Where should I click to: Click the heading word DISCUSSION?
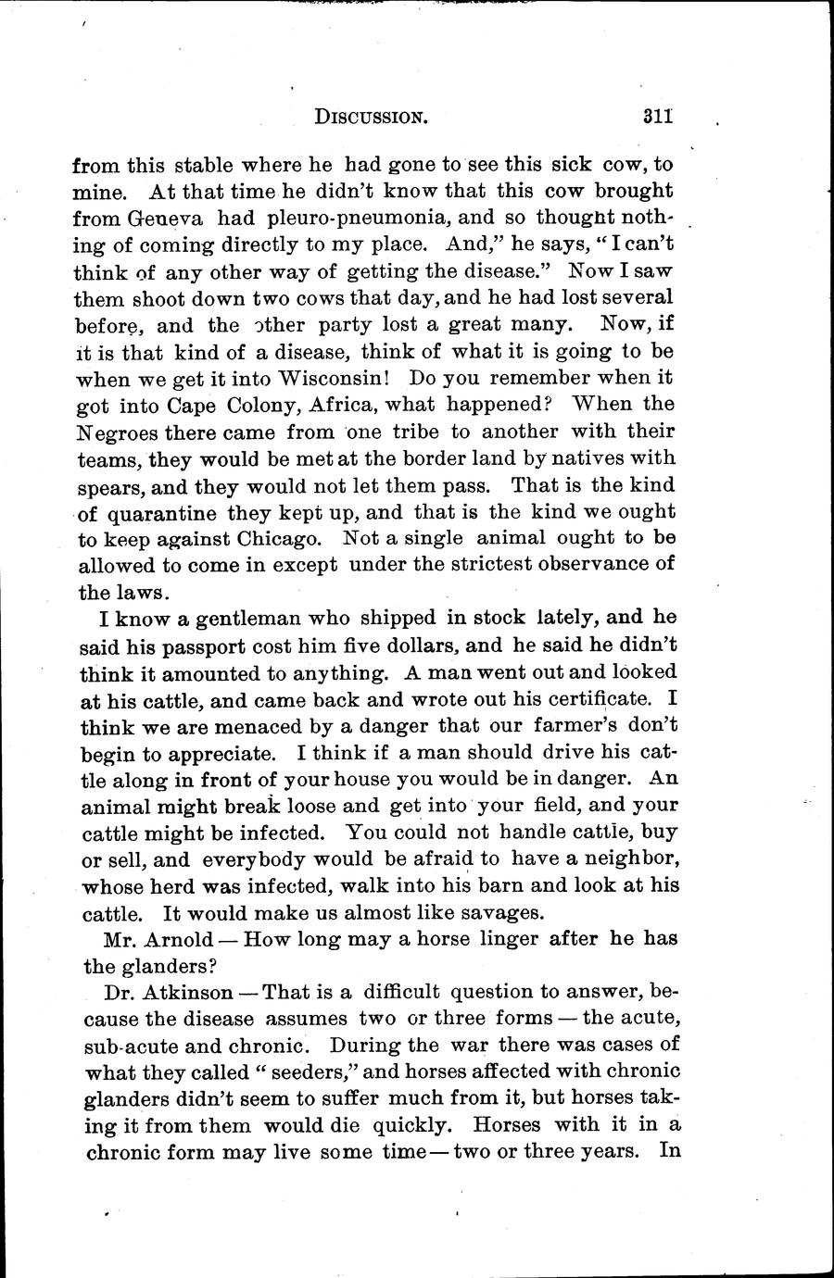[x=371, y=118]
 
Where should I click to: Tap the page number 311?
[x=655, y=117]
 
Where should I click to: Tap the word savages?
[x=492, y=912]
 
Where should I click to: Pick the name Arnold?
[x=183, y=940]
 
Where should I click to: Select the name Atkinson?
[x=186, y=993]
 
